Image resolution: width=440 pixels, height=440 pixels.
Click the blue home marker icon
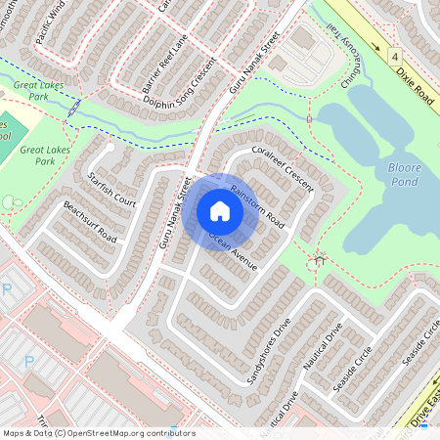click(220, 211)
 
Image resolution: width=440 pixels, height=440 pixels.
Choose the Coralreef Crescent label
click(280, 168)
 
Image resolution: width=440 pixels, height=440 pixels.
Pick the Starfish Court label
click(110, 186)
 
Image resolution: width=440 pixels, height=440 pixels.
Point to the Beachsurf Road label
click(90, 223)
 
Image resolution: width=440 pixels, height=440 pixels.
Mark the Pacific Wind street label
click(48, 26)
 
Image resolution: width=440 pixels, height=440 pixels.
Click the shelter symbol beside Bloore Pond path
click(318, 261)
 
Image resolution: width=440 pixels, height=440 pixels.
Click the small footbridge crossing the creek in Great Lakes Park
click(74, 109)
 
